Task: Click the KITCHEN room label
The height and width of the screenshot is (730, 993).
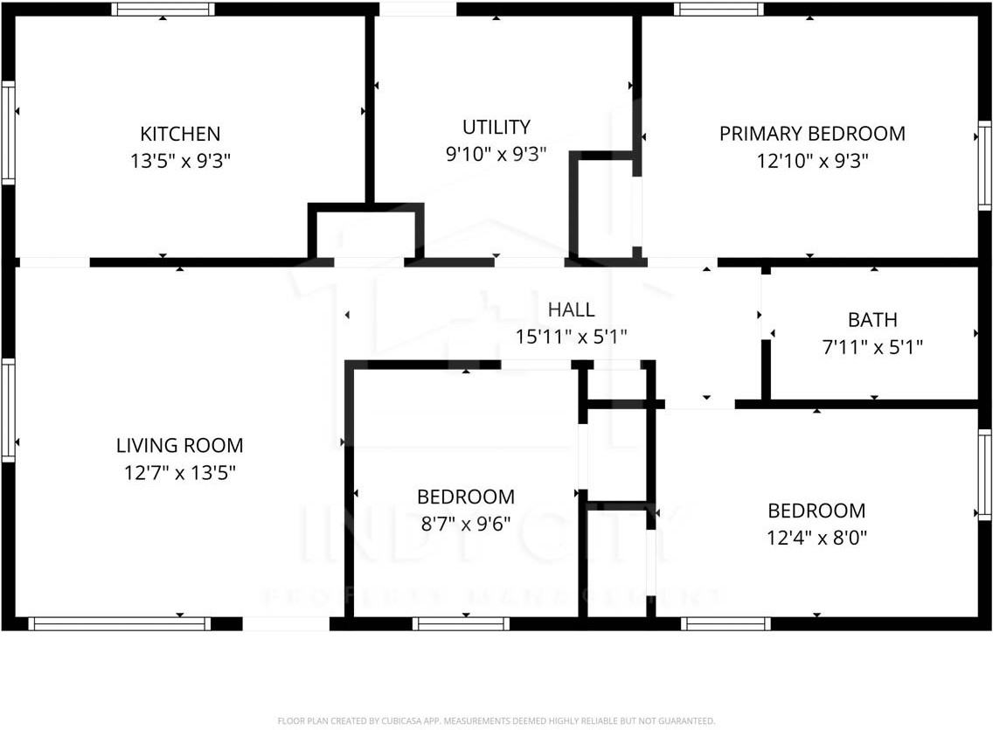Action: click(x=180, y=135)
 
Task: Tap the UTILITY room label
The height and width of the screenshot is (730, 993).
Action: click(x=496, y=128)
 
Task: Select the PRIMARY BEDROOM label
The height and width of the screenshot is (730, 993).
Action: click(x=812, y=134)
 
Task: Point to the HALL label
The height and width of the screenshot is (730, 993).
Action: click(x=572, y=309)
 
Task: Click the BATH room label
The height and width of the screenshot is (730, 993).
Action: click(x=872, y=320)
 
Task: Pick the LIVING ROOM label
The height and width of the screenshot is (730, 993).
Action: click(x=180, y=446)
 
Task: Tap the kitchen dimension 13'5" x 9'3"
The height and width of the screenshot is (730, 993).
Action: click(x=180, y=161)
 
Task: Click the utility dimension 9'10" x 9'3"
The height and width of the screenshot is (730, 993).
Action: click(x=496, y=155)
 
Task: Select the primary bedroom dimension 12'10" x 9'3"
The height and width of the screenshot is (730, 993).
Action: click(x=812, y=161)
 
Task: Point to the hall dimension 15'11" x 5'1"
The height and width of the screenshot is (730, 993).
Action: click(x=572, y=336)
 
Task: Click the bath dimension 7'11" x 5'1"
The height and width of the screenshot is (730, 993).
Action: click(x=872, y=346)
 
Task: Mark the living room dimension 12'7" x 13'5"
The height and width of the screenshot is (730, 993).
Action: click(x=180, y=473)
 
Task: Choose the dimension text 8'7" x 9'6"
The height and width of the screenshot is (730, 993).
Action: click(x=466, y=524)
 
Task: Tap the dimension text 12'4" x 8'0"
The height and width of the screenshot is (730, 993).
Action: click(x=816, y=538)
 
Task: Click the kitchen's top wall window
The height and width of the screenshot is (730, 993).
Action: click(x=163, y=10)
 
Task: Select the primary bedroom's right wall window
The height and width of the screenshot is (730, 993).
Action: click(x=985, y=166)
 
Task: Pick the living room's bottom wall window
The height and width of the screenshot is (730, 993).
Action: click(x=119, y=624)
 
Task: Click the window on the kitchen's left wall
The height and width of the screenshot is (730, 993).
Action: click(x=8, y=132)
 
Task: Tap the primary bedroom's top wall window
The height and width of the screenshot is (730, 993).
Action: click(x=719, y=10)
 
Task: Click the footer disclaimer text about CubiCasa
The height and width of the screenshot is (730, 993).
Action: click(x=496, y=721)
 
